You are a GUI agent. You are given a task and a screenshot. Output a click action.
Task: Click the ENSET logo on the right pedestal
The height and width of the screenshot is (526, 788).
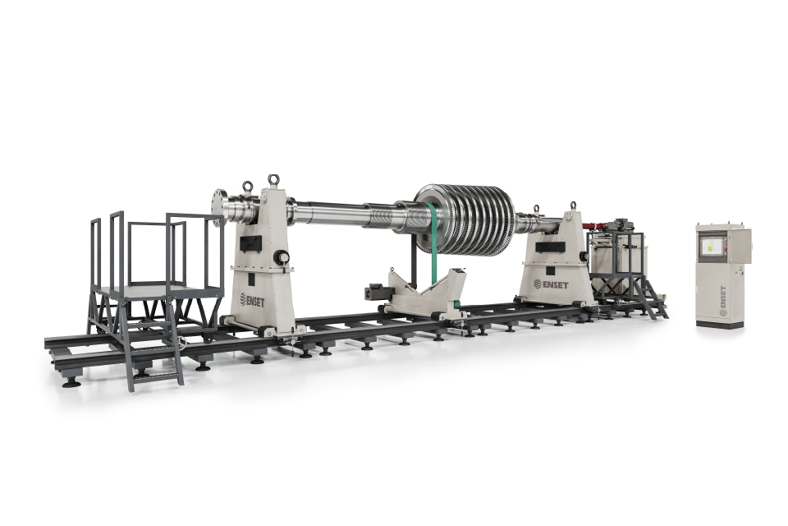tap(551, 284)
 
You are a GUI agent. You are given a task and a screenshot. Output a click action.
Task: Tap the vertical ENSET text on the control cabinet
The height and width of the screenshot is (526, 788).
tap(722, 302)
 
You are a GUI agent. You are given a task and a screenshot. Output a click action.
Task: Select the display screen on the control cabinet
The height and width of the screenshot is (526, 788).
tap(712, 245)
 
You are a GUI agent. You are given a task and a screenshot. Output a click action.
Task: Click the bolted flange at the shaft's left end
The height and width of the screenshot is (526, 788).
tap(218, 207)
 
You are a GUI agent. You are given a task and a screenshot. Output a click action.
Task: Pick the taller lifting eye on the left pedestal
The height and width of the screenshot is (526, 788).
tap(273, 181)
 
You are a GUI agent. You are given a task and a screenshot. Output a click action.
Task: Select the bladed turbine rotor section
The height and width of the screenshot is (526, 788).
tap(465, 219)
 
